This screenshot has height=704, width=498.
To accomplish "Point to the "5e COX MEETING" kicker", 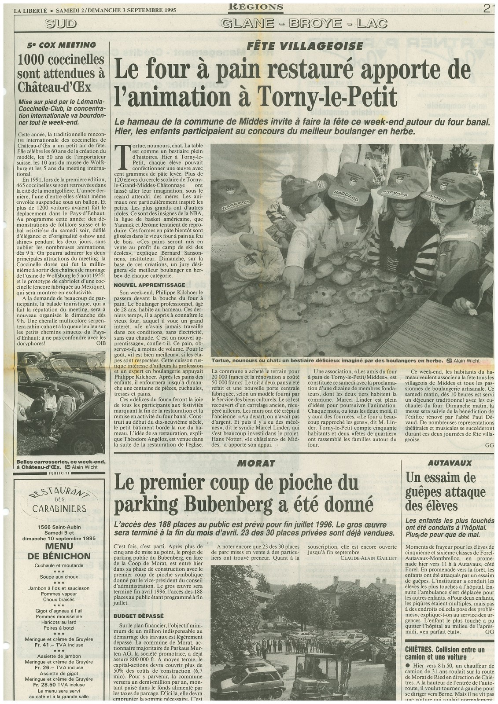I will (x=61, y=45).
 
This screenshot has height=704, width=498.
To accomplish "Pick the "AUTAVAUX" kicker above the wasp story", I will (x=450, y=463).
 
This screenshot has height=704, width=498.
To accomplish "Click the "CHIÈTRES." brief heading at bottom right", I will (x=422, y=649).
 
